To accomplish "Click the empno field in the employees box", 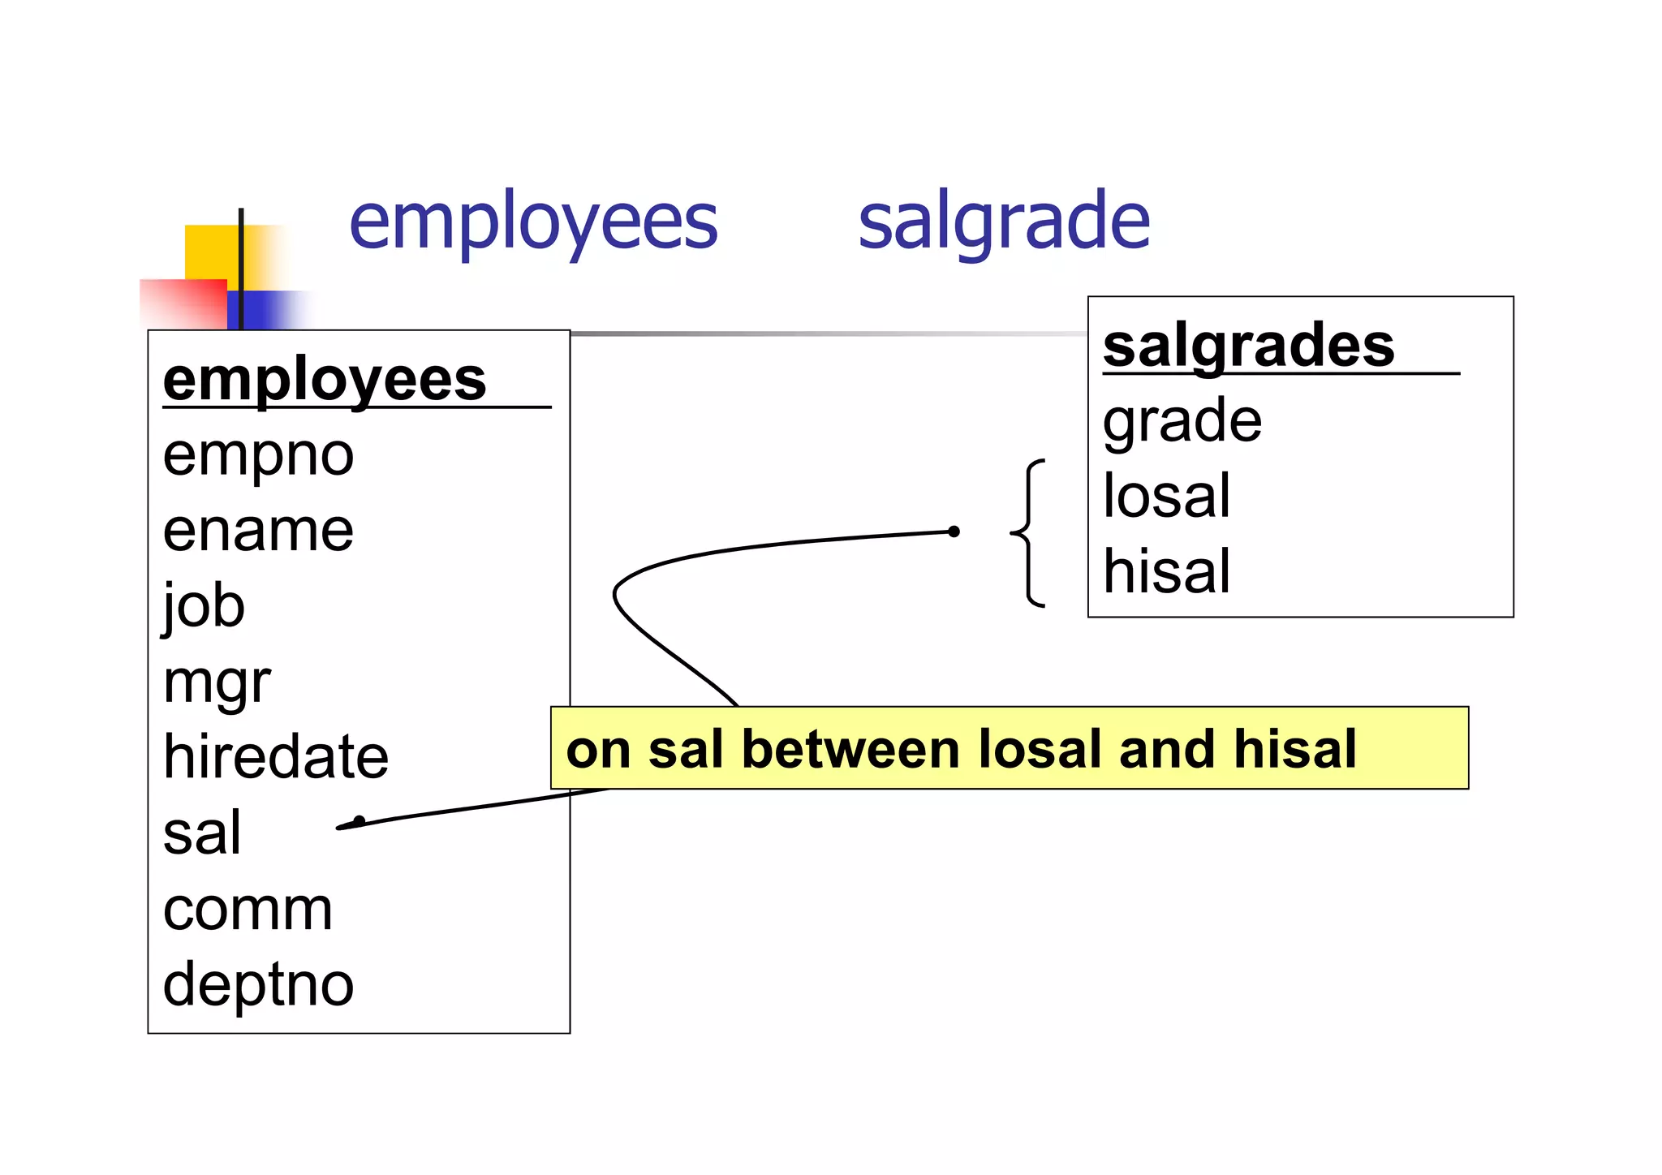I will pos(258,455).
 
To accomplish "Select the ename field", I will pos(258,531).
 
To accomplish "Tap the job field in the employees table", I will pos(204,607).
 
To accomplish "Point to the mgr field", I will pos(217,683).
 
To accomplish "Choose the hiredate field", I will pos(276,757).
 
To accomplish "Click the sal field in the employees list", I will pos(202,833).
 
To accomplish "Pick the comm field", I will pos(248,910).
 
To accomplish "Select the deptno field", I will pos(258,985).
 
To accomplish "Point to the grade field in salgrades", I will pos(1182,421).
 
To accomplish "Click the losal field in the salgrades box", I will pos(1166,496).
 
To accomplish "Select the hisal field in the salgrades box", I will pos(1166,571).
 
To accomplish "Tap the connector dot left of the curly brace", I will pos(954,532).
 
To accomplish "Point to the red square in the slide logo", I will pos(183,303).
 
